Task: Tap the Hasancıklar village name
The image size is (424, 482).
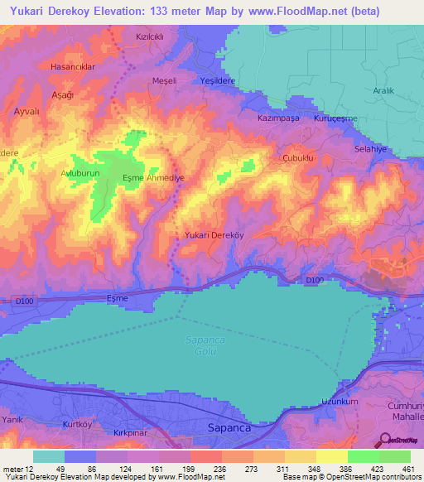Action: coord(74,65)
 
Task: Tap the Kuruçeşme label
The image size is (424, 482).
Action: coord(334,119)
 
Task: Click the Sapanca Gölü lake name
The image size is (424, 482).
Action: coord(202,345)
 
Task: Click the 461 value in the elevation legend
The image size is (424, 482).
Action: coord(408,468)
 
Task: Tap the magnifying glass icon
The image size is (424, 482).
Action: coord(387,440)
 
